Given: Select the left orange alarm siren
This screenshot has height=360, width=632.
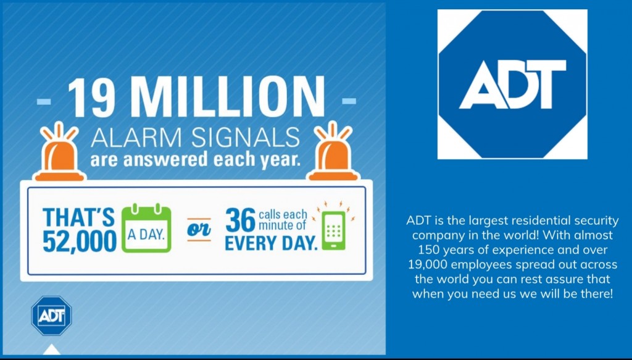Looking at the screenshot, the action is click(59, 151).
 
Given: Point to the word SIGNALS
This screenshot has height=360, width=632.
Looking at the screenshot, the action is click(245, 138).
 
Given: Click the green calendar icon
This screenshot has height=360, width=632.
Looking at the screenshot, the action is click(146, 228).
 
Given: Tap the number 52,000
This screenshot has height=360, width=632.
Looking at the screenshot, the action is click(80, 241).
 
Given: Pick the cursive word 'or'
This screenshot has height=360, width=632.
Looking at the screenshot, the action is click(199, 230).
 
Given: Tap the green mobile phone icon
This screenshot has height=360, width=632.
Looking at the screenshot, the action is click(334, 228).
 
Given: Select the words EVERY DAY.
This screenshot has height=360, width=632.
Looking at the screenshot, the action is click(271, 243).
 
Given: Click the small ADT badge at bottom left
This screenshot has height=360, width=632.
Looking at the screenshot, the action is click(52, 316).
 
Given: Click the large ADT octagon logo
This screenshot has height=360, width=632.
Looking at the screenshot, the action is click(512, 84).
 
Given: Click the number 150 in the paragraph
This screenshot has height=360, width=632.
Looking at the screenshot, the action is click(430, 250).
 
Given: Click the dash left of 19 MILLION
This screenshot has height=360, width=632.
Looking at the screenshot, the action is click(44, 101).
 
